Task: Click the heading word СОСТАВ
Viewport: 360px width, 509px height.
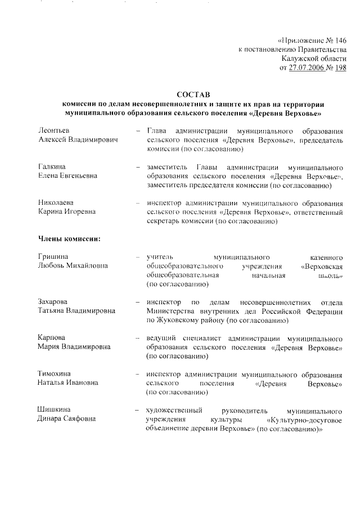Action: coord(192,94)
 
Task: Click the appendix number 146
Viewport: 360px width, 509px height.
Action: coord(340,40)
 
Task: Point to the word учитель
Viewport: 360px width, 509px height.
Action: coord(159,257)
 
